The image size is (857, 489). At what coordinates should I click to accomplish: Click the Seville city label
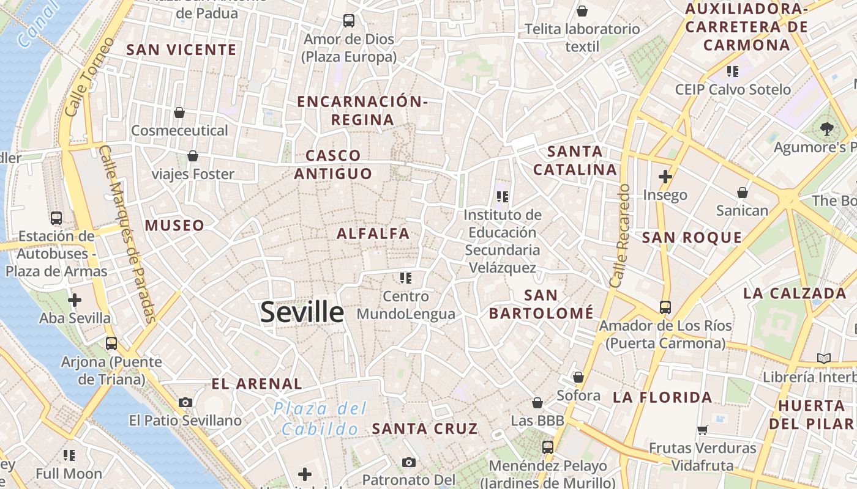pos(302,312)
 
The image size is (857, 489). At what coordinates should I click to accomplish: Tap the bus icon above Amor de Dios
pos(349,21)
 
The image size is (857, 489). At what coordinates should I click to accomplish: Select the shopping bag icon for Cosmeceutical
pos(179,112)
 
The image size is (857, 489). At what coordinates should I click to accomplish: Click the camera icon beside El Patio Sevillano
pos(185,402)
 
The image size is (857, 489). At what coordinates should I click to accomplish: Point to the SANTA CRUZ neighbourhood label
pos(425,428)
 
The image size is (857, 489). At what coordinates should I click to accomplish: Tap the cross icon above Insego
pos(665,177)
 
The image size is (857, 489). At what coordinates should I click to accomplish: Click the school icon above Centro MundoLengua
pos(405,278)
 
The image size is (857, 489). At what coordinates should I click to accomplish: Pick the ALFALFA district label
pos(373,233)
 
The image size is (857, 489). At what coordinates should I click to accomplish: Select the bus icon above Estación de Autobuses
pos(56,218)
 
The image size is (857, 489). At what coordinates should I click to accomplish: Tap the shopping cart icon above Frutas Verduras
pos(702,430)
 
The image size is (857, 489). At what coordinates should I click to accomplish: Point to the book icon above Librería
pos(823,358)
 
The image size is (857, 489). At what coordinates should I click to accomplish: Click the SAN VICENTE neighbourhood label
pos(181,50)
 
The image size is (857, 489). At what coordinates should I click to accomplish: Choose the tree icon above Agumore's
pos(827,129)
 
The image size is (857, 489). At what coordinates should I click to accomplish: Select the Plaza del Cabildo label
pos(320,419)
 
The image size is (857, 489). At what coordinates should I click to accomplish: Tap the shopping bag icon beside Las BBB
pos(537,403)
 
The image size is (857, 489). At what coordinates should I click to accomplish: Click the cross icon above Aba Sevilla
pos(75,300)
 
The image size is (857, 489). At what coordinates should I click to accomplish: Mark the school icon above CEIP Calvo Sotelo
pos(733,72)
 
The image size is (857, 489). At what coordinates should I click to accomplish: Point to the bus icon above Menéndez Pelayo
pos(548,447)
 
